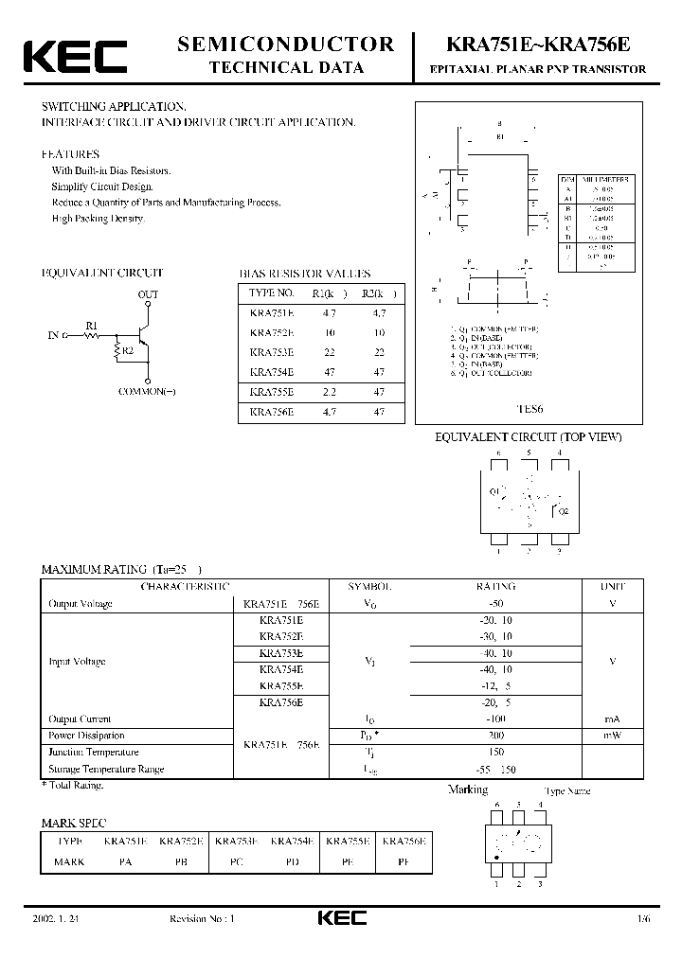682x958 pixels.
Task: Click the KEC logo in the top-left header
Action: pyautogui.click(x=74, y=56)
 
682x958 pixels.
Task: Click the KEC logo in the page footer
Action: pyautogui.click(x=340, y=918)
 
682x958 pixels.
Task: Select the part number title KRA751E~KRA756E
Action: pyautogui.click(x=538, y=44)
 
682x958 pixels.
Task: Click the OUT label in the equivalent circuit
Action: pyautogui.click(x=149, y=295)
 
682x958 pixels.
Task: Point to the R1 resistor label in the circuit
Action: pyautogui.click(x=92, y=326)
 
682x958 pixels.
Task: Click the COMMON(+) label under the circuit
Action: pyautogui.click(x=149, y=391)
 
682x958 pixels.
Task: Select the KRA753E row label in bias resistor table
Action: pyautogui.click(x=272, y=350)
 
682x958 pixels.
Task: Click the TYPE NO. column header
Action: pyautogui.click(x=272, y=293)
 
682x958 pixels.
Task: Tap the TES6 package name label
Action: pyautogui.click(x=529, y=410)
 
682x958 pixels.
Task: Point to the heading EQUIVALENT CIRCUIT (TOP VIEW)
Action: pyautogui.click(x=528, y=436)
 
